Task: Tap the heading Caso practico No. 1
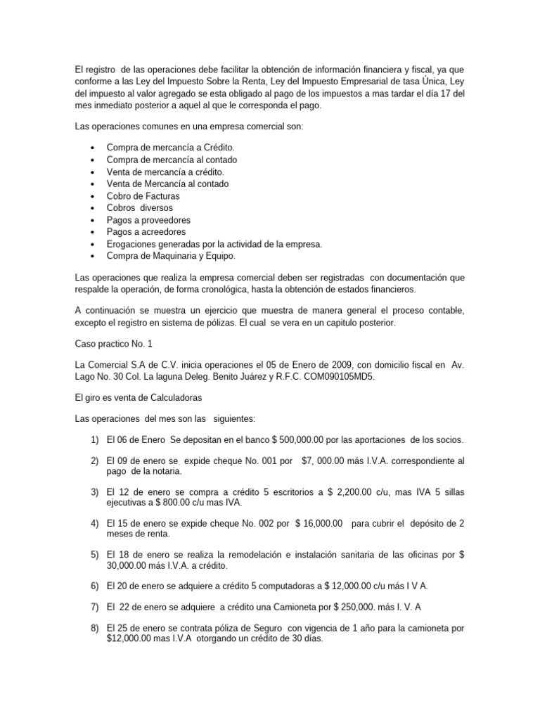tap(112, 343)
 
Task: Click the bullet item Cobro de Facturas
tap(143, 195)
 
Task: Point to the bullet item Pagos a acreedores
tap(146, 231)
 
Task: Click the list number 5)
tap(94, 554)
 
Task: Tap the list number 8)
tap(94, 626)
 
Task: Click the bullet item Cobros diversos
tap(139, 207)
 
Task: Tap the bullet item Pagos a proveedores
tap(148, 219)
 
